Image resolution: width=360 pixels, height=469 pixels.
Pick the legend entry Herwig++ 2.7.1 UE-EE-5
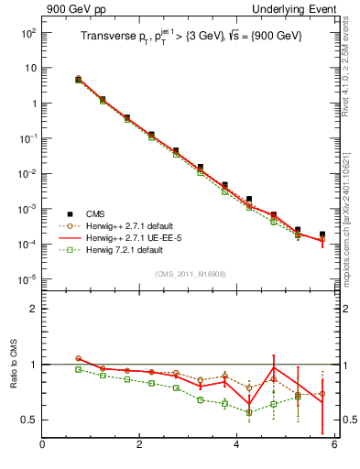point(136,236)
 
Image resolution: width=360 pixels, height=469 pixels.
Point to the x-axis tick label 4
point(236,445)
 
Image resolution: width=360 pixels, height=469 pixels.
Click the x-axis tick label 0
point(42,445)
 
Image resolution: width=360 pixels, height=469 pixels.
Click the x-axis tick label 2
point(139,445)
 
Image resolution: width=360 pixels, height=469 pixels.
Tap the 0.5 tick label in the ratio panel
point(28,420)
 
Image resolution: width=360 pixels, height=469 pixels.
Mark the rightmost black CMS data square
point(322,234)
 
